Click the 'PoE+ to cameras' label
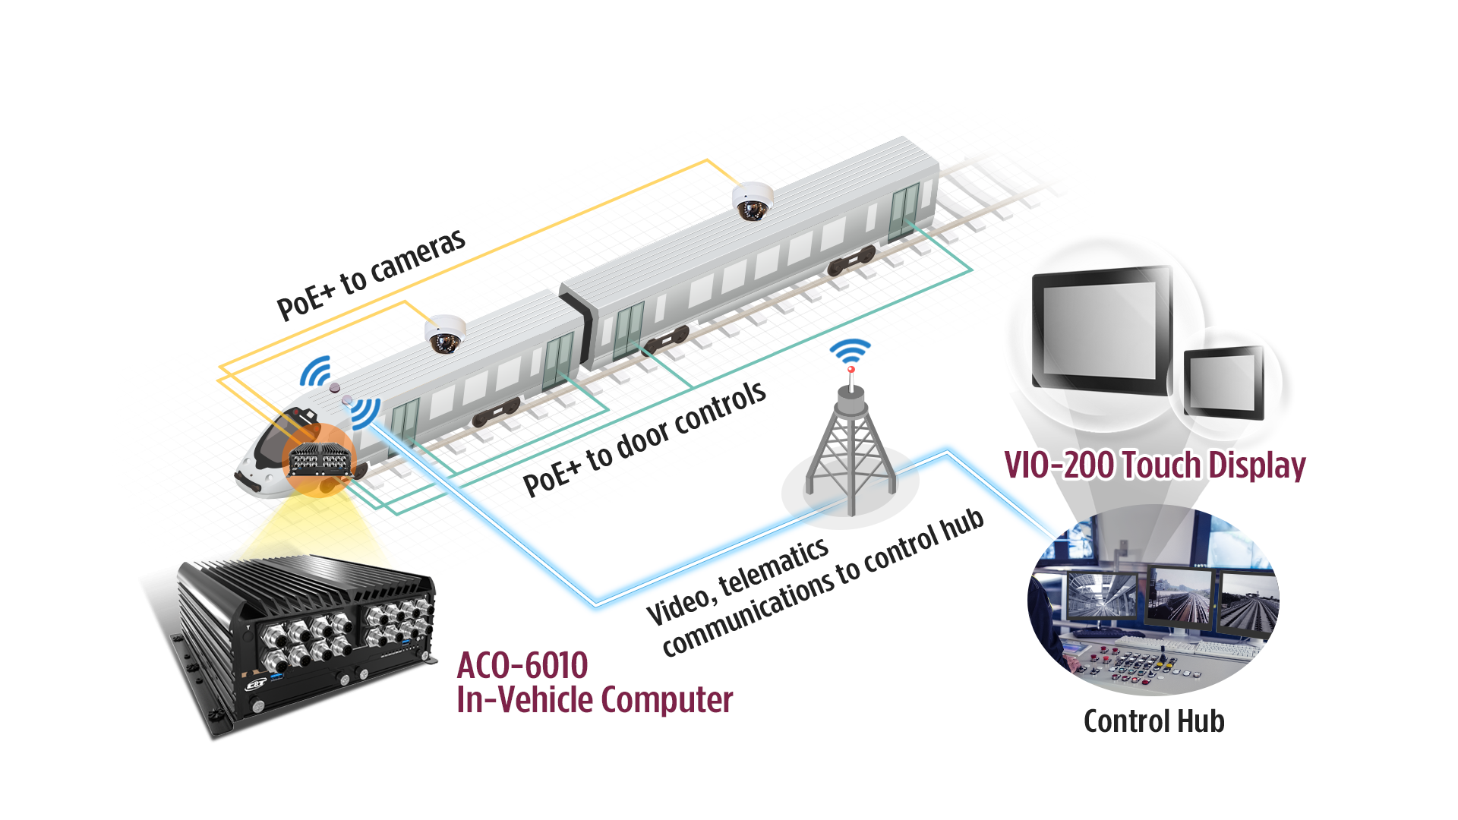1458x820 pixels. tap(371, 274)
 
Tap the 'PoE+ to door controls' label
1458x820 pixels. tap(645, 438)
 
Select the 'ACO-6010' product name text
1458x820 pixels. tap(522, 666)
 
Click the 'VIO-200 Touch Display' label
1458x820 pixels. tap(1154, 465)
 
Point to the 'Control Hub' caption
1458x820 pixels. tap(1154, 721)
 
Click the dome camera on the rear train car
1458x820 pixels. tap(753, 201)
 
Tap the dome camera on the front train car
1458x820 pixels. tap(445, 334)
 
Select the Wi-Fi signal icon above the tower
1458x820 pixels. tap(850, 352)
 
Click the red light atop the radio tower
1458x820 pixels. tap(851, 370)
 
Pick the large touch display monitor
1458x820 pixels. tap(1102, 330)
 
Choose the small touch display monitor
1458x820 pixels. tap(1224, 382)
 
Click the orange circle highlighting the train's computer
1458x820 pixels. tap(319, 459)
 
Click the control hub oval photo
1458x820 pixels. tap(1153, 600)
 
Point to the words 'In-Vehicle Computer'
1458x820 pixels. tap(595, 700)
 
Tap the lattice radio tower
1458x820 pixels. tap(851, 448)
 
